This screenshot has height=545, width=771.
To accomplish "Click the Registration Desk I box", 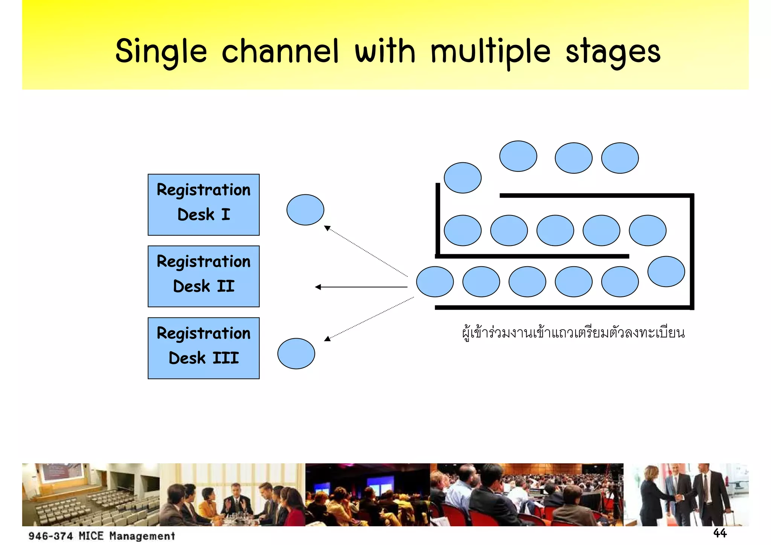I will tap(203, 205).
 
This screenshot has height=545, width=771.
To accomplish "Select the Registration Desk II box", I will tap(203, 276).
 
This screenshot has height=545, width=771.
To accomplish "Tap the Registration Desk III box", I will tap(203, 348).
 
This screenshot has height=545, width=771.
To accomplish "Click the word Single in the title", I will tap(161, 52).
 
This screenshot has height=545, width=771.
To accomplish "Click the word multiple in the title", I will tap(491, 52).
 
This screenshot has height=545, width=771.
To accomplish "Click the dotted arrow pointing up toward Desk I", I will tap(365, 250).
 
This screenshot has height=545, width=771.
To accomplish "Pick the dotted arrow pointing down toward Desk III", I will tap(369, 318).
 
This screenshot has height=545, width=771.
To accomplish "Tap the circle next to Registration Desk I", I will tap(305, 210).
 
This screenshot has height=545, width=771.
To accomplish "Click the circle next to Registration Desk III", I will tap(296, 353).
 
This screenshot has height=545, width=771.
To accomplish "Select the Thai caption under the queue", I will tap(573, 333).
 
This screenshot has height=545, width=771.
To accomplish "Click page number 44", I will tap(720, 533).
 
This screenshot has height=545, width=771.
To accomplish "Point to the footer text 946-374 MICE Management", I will tap(102, 536).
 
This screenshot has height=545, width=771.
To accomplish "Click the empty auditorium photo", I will tap(90, 494).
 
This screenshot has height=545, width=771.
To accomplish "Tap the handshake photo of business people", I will tap(686, 494).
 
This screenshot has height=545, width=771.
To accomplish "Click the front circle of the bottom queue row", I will tap(435, 282).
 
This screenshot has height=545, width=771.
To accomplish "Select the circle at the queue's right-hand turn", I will tap(666, 272).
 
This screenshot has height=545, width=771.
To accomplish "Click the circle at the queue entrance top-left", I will tap(462, 178).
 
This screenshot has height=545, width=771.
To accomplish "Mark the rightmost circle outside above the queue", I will tap(620, 158).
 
